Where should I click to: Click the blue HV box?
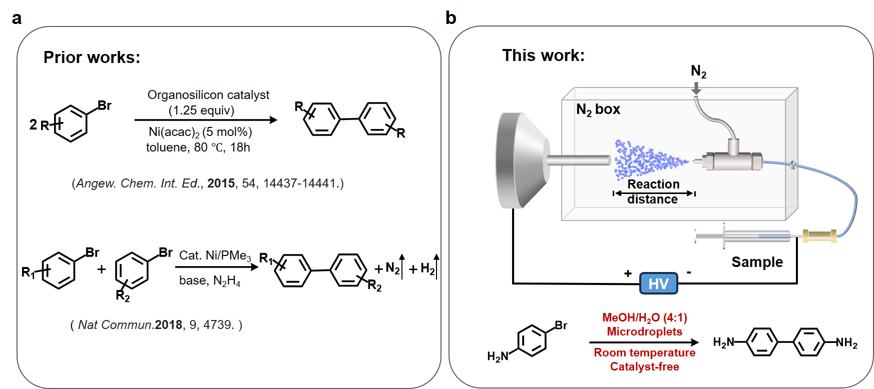pyautogui.click(x=658, y=283)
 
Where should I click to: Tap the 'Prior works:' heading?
pyautogui.click(x=92, y=57)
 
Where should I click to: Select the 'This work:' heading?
pyautogui.click(x=543, y=55)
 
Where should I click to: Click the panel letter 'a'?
pyautogui.click(x=17, y=18)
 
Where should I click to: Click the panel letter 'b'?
pyautogui.click(x=451, y=18)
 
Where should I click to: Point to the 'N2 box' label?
pyautogui.click(x=598, y=109)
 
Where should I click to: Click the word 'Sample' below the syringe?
pyautogui.click(x=757, y=262)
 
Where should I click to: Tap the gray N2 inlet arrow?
pyautogui.click(x=696, y=88)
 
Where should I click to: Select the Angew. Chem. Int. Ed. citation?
pyautogui.click(x=208, y=183)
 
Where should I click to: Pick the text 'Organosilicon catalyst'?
pyautogui.click(x=208, y=95)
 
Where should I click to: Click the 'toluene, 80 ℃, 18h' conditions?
pyautogui.click(x=198, y=147)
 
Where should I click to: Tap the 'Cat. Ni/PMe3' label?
pyautogui.click(x=215, y=255)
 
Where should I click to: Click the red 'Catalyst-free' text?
pyautogui.click(x=644, y=366)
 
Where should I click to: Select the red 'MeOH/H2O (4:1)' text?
pyautogui.click(x=644, y=318)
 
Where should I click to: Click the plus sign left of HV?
pyautogui.click(x=628, y=273)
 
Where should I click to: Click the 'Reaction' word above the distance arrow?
pyautogui.click(x=653, y=184)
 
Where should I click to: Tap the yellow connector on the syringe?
pyautogui.click(x=819, y=235)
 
